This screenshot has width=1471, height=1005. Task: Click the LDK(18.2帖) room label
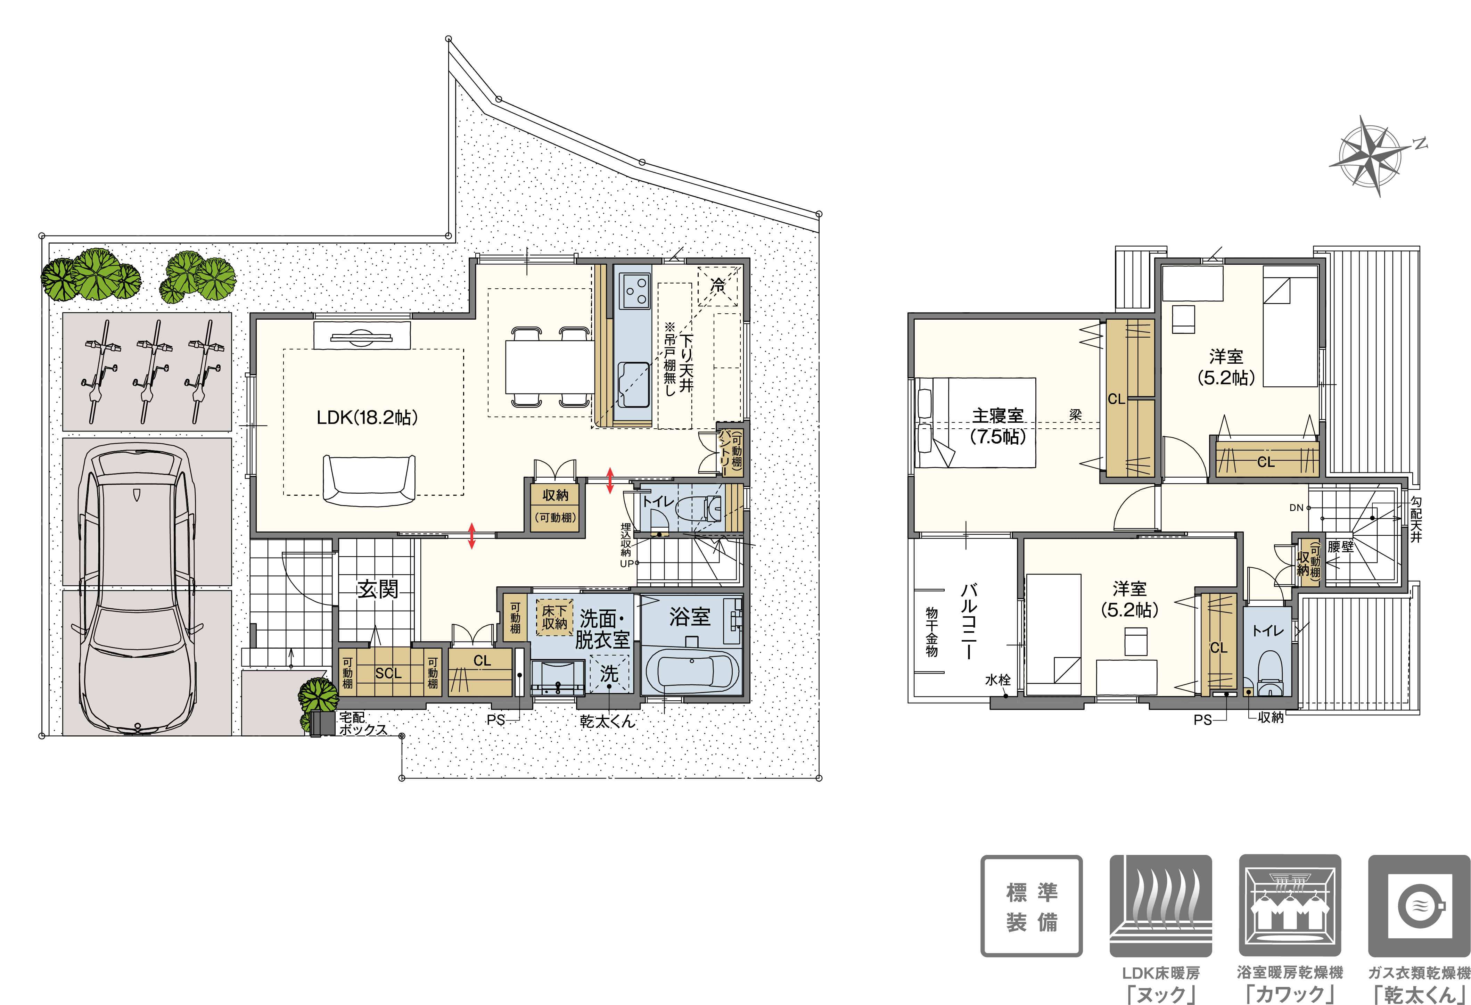click(367, 417)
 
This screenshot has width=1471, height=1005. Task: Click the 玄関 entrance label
click(378, 589)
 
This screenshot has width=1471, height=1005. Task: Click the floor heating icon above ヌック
click(1161, 906)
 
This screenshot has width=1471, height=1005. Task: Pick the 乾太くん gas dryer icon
click(1419, 906)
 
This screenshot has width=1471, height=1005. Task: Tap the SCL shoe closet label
click(388, 673)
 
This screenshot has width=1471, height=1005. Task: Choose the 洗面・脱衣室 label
click(602, 628)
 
